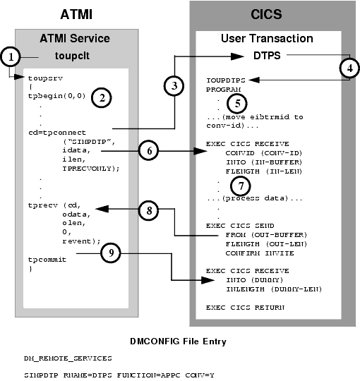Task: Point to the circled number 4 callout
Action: click(347, 69)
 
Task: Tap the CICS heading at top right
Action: click(270, 13)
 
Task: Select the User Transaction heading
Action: click(269, 37)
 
